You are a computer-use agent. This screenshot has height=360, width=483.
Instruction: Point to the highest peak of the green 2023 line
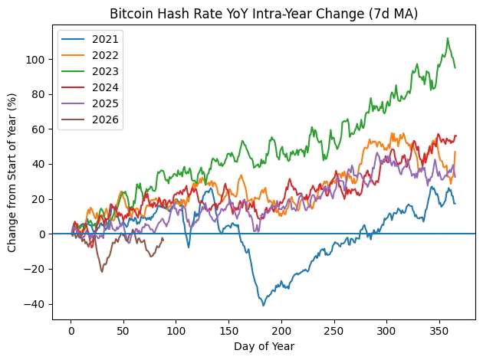pos(448,38)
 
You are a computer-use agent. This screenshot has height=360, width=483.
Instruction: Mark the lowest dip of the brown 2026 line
pos(102,272)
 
